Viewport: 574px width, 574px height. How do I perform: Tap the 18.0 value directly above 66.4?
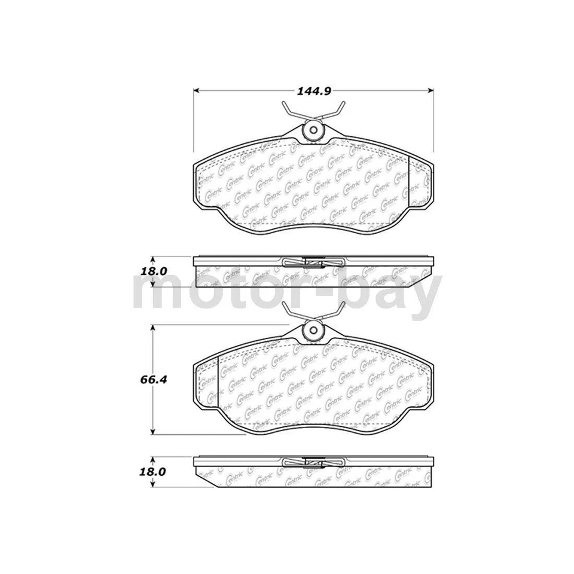tap(152, 271)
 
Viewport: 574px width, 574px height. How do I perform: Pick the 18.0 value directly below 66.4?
tap(152, 471)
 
